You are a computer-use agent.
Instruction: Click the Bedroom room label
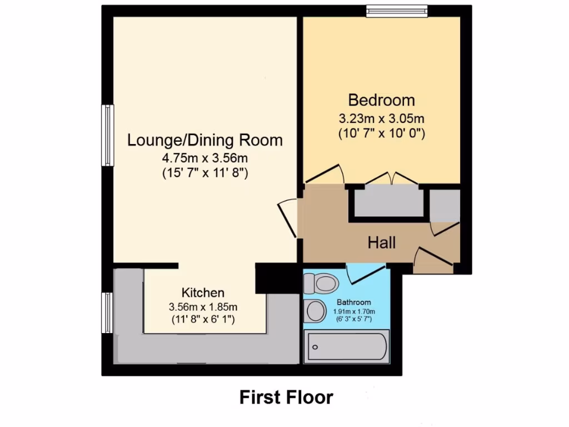tap(381, 101)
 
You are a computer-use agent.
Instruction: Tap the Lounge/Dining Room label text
tap(205, 140)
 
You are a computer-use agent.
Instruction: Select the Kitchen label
tap(203, 292)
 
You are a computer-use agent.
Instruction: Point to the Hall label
tap(382, 242)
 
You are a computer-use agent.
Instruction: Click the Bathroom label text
tap(354, 302)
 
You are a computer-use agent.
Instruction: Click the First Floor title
tap(286, 397)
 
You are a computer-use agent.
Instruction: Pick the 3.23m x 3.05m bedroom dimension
tap(381, 118)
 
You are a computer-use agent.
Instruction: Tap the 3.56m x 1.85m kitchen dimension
tap(203, 306)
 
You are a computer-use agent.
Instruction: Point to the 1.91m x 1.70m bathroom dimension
tap(354, 311)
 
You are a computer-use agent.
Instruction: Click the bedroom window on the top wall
tap(397, 11)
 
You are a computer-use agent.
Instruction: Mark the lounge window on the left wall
tap(107, 135)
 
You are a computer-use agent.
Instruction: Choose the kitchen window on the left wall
tap(107, 313)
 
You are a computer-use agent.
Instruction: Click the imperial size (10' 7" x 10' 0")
tap(381, 133)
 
